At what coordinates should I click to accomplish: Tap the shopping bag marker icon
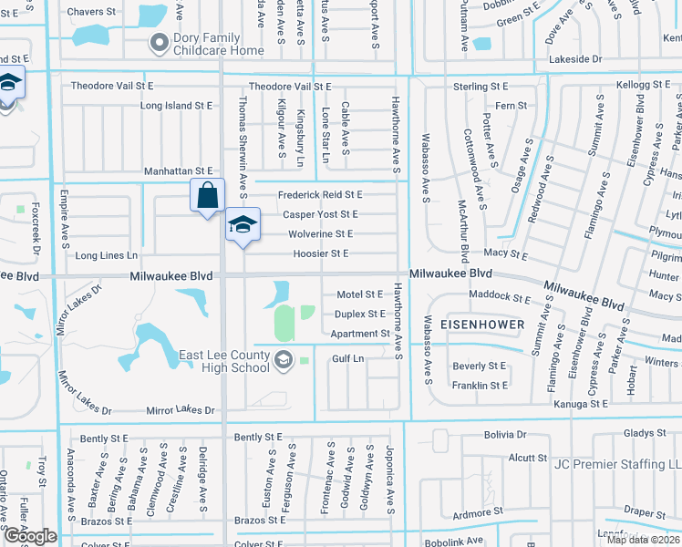[x=207, y=195]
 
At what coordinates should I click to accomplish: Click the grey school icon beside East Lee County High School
[x=284, y=362]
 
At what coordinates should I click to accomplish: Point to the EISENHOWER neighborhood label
[x=482, y=325]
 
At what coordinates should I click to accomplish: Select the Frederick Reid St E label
[x=320, y=194]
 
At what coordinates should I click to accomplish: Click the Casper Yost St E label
[x=320, y=214]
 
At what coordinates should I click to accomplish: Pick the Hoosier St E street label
[x=320, y=253]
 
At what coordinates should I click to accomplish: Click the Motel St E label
[x=359, y=294]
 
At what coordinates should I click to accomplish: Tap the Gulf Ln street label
[x=347, y=359]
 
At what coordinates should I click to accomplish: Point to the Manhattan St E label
[x=178, y=171]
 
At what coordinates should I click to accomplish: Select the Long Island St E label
[x=179, y=106]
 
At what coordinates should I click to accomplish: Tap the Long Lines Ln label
[x=106, y=256]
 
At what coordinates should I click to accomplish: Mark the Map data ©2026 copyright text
[x=643, y=540]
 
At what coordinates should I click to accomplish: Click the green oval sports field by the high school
[x=284, y=321]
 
